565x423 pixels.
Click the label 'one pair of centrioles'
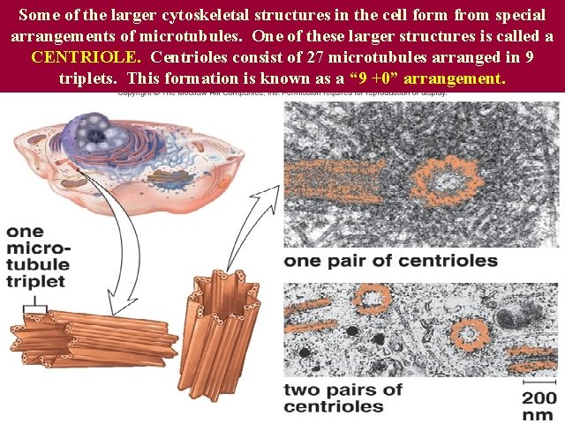(x=390, y=261)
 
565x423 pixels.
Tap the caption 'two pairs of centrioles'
(x=343, y=397)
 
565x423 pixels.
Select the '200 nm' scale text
(x=539, y=404)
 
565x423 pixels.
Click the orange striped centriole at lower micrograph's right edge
(x=534, y=357)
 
